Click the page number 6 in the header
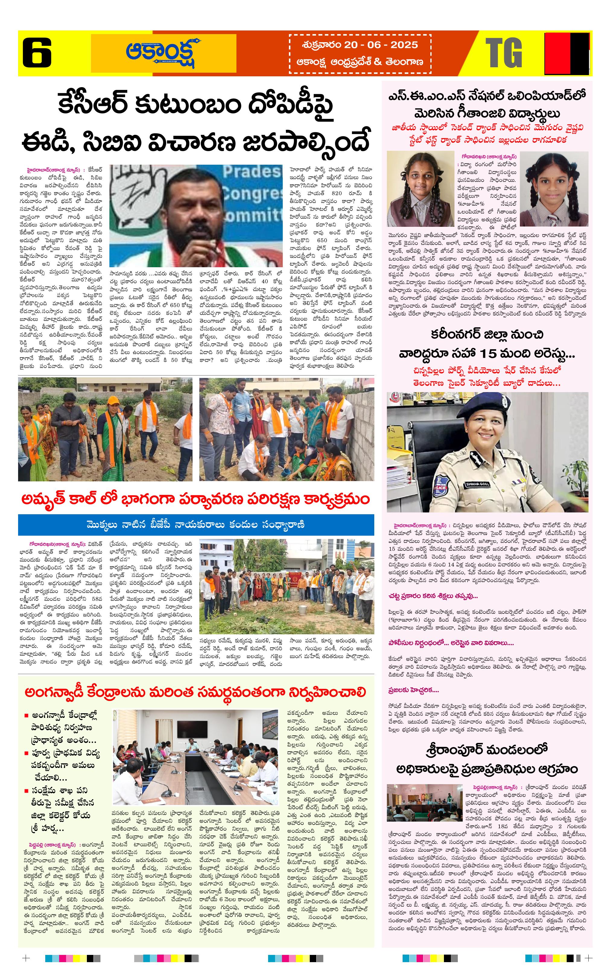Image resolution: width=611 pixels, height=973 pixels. (x=37, y=52)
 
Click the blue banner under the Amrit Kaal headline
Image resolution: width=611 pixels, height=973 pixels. (x=196, y=525)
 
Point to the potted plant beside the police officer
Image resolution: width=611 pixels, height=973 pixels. (x=575, y=477)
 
